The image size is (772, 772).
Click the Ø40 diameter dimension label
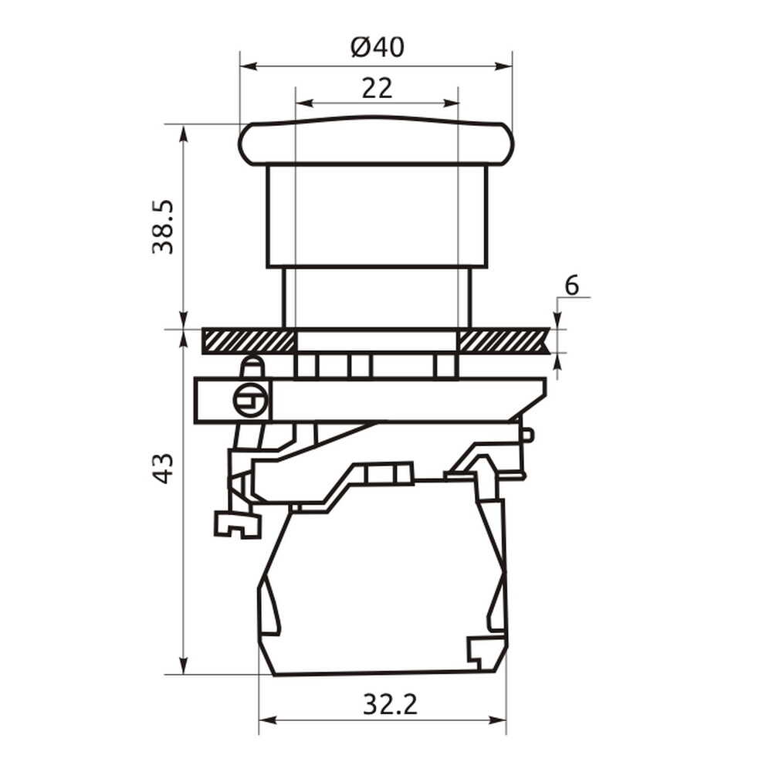pos(378,47)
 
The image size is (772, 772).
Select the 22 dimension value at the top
pos(378,89)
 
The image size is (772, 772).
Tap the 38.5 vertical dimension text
pos(163,227)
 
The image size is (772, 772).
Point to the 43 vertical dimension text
pos(163,469)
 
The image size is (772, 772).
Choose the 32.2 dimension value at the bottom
pos(390,705)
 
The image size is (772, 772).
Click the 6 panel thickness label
pos(571,286)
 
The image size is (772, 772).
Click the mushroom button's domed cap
pos(376,141)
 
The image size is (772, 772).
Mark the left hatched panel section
pos(249,340)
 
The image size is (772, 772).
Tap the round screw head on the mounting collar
pos(250,400)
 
